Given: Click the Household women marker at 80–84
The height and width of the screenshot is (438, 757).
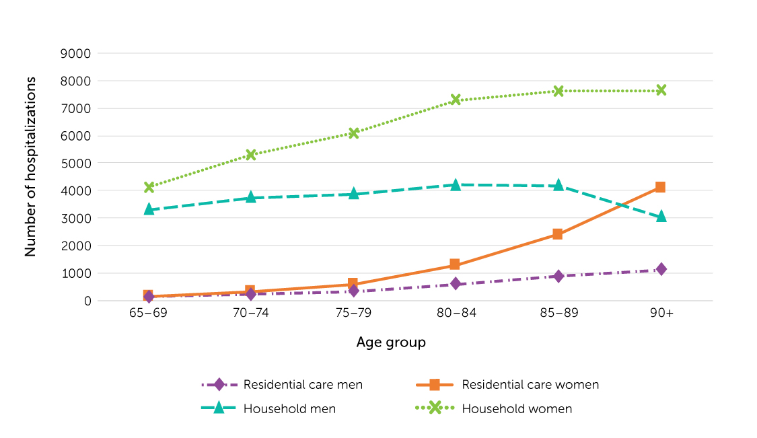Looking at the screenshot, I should (456, 100).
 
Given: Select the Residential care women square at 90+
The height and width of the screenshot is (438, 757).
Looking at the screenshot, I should (660, 187).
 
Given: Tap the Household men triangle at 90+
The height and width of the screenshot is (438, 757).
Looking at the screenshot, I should (661, 217).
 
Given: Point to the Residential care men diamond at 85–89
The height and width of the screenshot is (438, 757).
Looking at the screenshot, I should (558, 276).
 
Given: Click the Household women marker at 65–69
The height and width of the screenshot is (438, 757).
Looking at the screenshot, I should (149, 187).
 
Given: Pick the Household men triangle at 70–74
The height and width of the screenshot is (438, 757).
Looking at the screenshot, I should (251, 197).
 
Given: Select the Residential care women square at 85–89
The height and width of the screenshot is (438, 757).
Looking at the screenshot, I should (558, 234).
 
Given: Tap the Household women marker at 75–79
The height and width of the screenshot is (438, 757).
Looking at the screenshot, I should (353, 133).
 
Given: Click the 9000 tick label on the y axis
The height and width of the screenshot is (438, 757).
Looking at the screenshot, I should (77, 53).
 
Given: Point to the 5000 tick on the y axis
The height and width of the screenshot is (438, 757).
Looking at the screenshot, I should (77, 163).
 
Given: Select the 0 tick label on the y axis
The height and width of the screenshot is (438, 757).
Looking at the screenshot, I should (87, 301).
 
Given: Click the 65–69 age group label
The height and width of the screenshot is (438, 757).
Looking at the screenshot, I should (148, 316).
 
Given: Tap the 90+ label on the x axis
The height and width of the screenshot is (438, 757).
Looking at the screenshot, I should (661, 316).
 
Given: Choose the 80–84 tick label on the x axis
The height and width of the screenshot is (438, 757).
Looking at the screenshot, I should (456, 316).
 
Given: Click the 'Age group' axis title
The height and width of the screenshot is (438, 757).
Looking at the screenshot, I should (391, 342).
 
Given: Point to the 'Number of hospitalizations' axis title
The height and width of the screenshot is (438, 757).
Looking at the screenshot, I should (30, 166).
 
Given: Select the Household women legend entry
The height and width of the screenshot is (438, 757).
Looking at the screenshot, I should (517, 408).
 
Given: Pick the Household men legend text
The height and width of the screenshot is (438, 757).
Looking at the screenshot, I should (289, 408).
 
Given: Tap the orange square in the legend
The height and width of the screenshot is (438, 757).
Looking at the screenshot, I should (435, 385).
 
